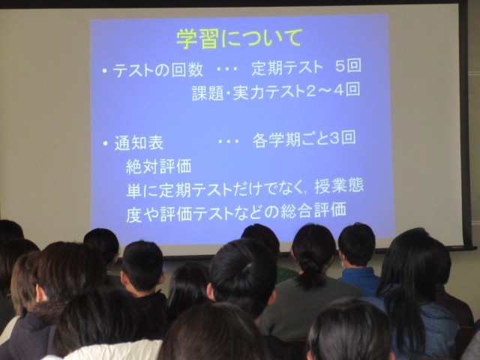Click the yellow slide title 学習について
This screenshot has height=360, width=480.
tap(239, 38)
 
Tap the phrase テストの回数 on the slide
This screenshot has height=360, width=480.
tap(158, 70)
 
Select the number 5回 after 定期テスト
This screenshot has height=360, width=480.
tap(348, 65)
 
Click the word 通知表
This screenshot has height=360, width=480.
tap(139, 143)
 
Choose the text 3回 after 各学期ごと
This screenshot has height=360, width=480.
tap(343, 138)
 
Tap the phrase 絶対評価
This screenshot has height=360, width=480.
tap(158, 166)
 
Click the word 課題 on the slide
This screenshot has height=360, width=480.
tap(208, 93)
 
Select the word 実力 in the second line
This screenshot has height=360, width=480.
tap(250, 92)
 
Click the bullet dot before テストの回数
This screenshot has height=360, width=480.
tap(105, 72)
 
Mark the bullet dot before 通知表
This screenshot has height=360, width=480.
tap(106, 143)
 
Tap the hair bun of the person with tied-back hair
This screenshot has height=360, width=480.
tap(308, 265)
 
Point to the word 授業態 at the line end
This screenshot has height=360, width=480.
tap(339, 187)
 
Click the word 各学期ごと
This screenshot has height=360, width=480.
tap(290, 140)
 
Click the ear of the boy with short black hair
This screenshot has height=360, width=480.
tap(124, 277)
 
